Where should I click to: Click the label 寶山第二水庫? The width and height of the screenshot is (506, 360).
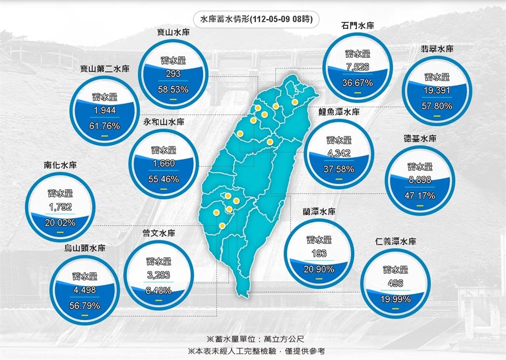pos(105,69)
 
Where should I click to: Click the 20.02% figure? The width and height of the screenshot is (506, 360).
pos(60,223)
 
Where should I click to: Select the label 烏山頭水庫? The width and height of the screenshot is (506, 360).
pos(85,248)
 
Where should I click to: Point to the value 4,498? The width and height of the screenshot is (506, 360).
pos(84,290)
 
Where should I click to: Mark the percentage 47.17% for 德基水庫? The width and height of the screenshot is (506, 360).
pos(420,196)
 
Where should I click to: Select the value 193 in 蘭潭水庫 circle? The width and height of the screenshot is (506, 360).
pos(319,254)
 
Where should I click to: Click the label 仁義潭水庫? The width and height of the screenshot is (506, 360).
pos(395,241)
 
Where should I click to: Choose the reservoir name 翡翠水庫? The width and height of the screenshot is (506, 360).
pos(437,49)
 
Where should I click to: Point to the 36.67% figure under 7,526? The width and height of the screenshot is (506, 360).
pos(357,82)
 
